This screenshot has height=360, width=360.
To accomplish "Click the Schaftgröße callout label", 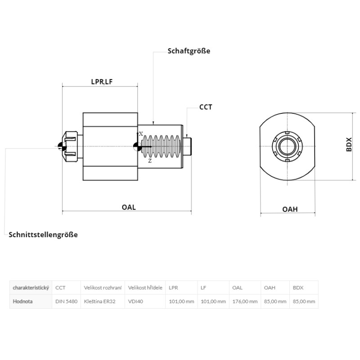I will click(189, 51).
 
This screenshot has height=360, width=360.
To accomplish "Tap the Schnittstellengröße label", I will click(43, 234).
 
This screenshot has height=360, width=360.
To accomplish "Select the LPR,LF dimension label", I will click(102, 81).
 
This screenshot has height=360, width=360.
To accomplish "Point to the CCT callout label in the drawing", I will click(206, 107).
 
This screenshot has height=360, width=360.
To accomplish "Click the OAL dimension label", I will click(129, 207).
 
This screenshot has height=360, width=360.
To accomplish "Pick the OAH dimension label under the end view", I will click(290, 209).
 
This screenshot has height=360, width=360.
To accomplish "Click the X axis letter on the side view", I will click(141, 134).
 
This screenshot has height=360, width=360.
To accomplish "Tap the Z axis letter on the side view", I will click(149, 161).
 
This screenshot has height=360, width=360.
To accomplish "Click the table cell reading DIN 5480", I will click(66, 301).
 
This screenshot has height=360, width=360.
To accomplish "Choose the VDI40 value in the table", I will click(135, 301).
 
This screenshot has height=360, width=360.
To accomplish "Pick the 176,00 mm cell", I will click(245, 301).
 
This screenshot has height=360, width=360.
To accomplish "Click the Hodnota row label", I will click(23, 301).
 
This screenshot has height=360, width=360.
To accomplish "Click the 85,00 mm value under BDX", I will click(304, 301).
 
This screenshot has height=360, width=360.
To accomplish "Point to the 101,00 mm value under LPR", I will click(181, 301).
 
